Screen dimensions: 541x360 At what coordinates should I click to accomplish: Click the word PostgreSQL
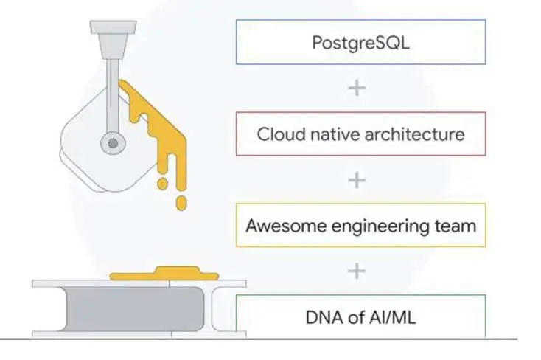tap(360, 44)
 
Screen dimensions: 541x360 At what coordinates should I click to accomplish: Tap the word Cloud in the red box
tap(282, 134)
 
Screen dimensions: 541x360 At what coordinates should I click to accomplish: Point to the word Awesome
tap(286, 226)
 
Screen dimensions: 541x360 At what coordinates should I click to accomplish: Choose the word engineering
tap(380, 227)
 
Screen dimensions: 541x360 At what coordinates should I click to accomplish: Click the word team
tap(455, 226)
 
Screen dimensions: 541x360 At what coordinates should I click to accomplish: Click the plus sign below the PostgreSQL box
tap(357, 88)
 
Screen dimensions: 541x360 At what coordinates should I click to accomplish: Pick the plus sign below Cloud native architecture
tap(357, 180)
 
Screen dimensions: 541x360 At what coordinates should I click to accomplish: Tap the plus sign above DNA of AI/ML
tap(357, 271)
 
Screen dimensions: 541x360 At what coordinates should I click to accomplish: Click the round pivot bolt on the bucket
tap(113, 143)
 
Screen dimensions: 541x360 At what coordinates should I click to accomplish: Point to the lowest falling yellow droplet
tap(181, 203)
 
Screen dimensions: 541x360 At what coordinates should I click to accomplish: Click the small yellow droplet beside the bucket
tap(162, 184)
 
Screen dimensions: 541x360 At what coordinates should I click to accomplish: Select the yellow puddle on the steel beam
tap(164, 273)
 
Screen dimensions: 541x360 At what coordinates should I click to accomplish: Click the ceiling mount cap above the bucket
tap(114, 27)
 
